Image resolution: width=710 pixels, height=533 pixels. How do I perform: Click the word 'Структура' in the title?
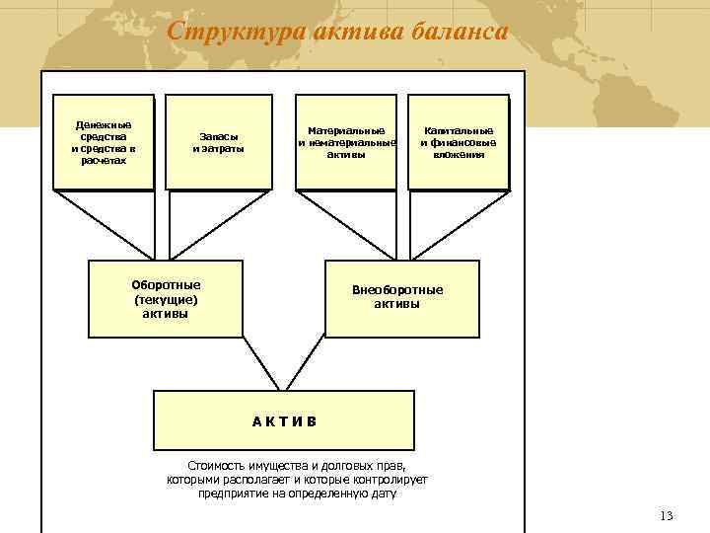pos(220,32)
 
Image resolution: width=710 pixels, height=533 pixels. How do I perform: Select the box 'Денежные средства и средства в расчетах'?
pos(104,141)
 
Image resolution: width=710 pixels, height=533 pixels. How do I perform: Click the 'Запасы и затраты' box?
pos(218,141)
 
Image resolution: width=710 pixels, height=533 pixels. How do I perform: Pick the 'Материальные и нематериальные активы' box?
pos(345,141)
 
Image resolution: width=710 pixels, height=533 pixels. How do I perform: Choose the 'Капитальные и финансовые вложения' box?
pos(458,141)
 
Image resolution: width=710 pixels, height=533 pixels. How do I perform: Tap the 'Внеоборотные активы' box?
pos(402,298)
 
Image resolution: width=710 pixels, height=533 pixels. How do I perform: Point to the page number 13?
pos(666,516)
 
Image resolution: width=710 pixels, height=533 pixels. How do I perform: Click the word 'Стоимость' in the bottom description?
pos(217,465)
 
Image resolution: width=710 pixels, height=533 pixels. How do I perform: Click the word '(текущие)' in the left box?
pos(166,299)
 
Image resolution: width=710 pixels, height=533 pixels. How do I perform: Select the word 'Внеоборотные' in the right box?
pos(397,290)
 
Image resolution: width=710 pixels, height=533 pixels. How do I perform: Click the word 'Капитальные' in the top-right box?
pos(459,130)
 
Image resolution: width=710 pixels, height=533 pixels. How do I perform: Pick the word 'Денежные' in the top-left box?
pos(104,125)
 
